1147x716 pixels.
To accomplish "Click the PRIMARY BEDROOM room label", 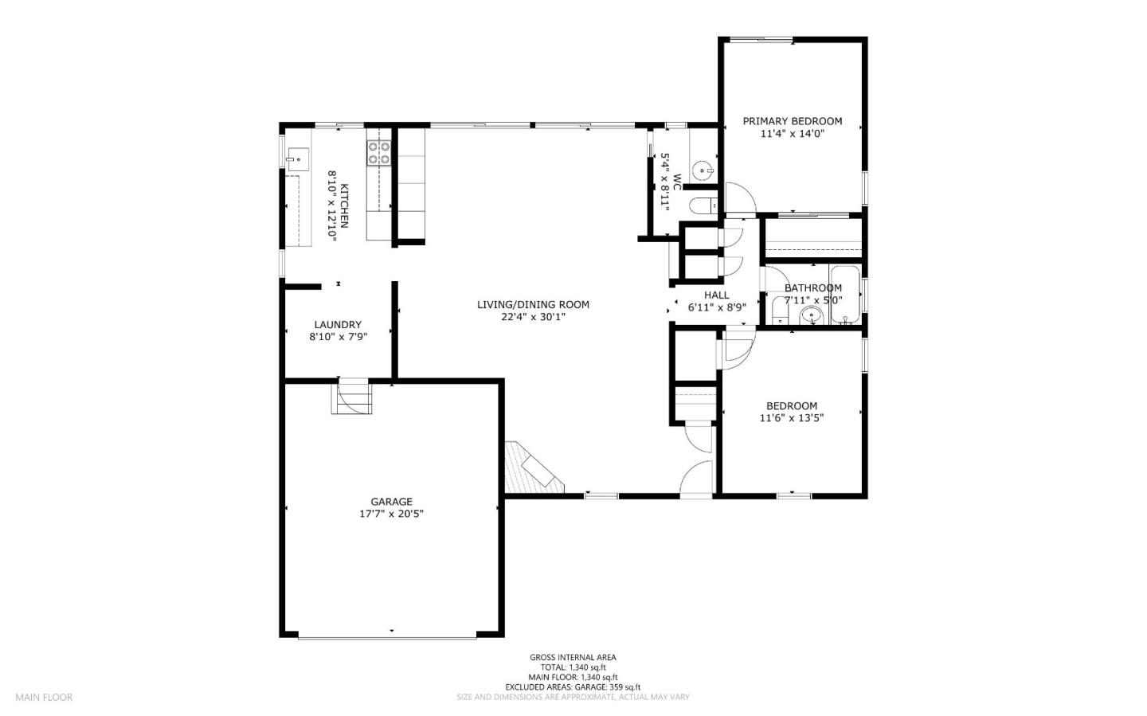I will [x=792, y=121].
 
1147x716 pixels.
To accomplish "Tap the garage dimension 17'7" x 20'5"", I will [x=391, y=514].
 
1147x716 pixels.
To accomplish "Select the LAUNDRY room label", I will [x=338, y=324].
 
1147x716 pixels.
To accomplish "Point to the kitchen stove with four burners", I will [x=378, y=152].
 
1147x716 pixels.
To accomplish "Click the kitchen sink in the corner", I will [x=299, y=158].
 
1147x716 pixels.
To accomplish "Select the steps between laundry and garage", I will [x=352, y=397].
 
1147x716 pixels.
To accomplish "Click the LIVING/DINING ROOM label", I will [x=533, y=304].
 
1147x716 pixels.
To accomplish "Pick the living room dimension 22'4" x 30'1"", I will [x=533, y=316].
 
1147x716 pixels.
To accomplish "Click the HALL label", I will [x=716, y=295].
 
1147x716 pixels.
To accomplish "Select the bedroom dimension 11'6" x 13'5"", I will [x=791, y=417].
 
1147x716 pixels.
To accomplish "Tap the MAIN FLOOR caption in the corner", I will [x=44, y=697].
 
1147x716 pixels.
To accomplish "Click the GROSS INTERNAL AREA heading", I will [x=573, y=657].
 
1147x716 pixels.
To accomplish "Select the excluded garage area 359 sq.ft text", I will [x=573, y=687].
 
